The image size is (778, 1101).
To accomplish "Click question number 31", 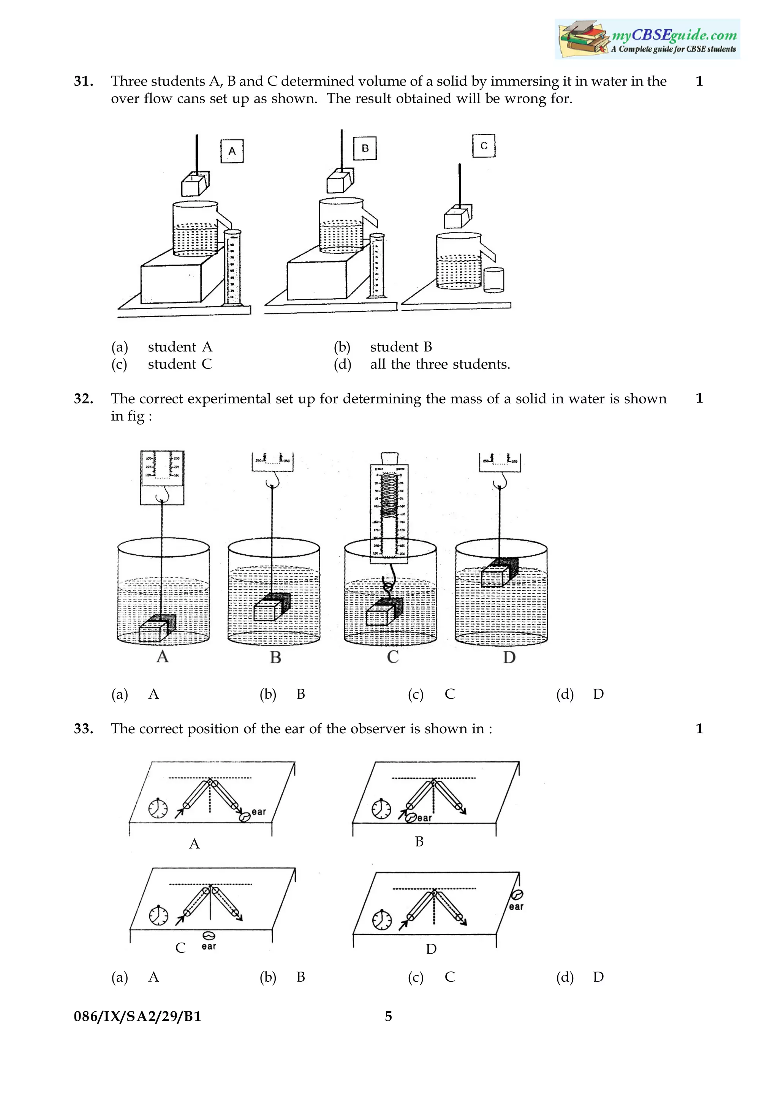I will [x=84, y=82].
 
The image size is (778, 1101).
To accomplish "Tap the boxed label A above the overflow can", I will [x=232, y=151].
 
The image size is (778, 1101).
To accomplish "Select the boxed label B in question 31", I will [x=365, y=148].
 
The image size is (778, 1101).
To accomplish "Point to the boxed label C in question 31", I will [x=484, y=146].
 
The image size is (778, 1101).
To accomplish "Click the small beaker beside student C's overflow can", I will [x=494, y=280].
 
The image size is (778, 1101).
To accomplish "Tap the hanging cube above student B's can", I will [x=340, y=181].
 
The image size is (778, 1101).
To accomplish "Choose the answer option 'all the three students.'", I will [x=440, y=364].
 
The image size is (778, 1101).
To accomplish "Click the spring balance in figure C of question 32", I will [x=389, y=511].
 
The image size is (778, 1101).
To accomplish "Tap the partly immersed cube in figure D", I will [x=499, y=572].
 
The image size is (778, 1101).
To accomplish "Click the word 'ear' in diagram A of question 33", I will [x=258, y=812].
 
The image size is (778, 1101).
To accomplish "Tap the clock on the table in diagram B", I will [x=381, y=809].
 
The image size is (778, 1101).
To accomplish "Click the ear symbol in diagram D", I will [x=517, y=894].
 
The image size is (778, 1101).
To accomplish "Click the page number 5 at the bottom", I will [x=388, y=1016].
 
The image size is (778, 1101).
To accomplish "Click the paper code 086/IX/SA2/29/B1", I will [x=138, y=1016].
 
